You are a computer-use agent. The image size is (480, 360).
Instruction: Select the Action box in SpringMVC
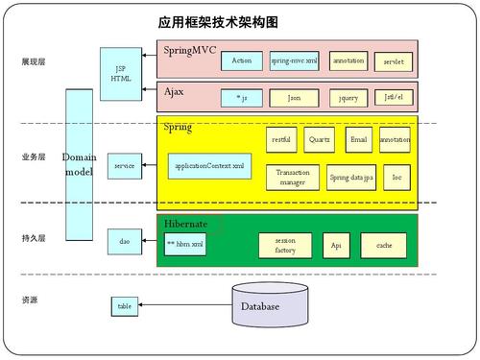242,60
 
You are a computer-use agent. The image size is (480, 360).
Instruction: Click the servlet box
394,60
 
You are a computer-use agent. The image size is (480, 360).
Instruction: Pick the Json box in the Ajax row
294,97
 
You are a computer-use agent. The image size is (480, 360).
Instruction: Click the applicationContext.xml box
209,166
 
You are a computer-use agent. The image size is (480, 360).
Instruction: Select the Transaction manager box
292,177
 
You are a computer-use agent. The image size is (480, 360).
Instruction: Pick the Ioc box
396,177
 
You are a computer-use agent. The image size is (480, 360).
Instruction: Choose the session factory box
285,246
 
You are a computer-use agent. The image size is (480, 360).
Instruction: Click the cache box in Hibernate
384,246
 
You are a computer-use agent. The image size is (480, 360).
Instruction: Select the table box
124,306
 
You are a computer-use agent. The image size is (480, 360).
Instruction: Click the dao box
124,242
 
